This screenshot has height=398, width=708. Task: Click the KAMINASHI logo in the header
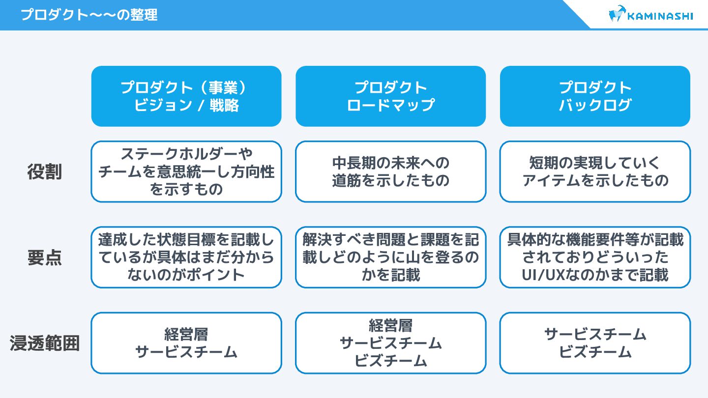click(x=650, y=15)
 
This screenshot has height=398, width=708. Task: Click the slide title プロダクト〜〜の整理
click(x=89, y=15)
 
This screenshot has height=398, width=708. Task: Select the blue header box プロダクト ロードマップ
click(x=390, y=96)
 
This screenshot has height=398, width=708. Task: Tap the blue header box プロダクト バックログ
click(x=595, y=96)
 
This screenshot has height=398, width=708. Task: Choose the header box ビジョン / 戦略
click(x=186, y=96)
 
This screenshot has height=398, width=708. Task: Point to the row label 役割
click(x=44, y=172)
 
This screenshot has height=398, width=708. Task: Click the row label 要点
click(x=44, y=258)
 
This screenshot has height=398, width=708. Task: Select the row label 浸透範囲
click(x=44, y=343)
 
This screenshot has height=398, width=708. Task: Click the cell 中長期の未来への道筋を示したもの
click(x=390, y=171)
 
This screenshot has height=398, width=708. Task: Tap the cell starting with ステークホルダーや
click(x=186, y=171)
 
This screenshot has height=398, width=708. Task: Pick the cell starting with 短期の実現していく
click(x=595, y=171)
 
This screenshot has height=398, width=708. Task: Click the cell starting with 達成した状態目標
click(x=186, y=257)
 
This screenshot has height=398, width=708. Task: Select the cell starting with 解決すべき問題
click(x=390, y=257)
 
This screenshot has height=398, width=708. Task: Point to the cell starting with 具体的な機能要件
click(x=595, y=257)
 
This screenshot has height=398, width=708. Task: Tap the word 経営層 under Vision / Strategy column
click(x=186, y=334)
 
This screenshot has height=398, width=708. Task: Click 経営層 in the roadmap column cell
click(x=390, y=325)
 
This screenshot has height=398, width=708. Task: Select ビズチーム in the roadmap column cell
click(x=390, y=361)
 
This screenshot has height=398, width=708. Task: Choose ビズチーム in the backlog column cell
click(x=595, y=352)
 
